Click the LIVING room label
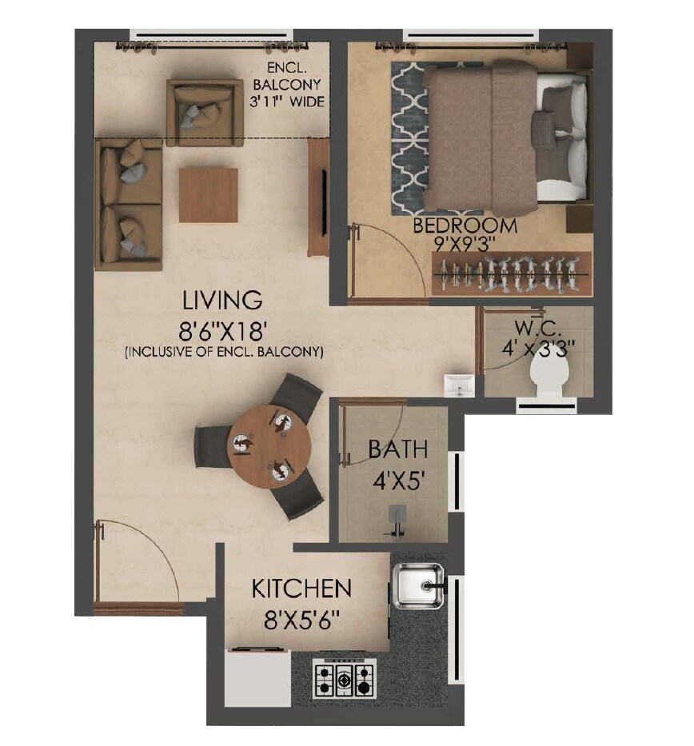(x=222, y=301)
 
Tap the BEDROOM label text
(x=465, y=225)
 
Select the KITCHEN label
(x=301, y=589)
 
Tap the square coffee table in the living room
(x=208, y=195)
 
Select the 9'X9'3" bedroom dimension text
(x=465, y=245)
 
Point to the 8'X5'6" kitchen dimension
(x=301, y=620)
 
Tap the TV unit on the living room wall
(x=318, y=196)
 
